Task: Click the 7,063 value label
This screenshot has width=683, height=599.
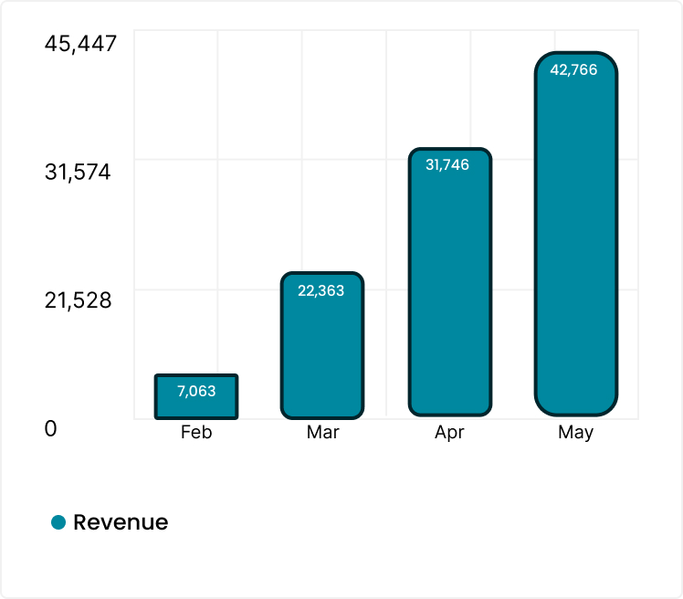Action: (196, 391)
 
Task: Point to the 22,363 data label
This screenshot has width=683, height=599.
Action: (321, 290)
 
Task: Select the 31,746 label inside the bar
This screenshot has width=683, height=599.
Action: (447, 165)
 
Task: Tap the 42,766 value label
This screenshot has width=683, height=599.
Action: (574, 69)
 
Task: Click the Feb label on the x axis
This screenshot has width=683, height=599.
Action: (196, 433)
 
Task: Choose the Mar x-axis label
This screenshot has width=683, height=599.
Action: (322, 433)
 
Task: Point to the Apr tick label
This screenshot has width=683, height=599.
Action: (449, 433)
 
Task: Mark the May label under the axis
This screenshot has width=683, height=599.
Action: (575, 433)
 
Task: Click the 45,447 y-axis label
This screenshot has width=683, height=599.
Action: (80, 43)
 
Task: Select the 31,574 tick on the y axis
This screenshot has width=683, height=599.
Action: (78, 172)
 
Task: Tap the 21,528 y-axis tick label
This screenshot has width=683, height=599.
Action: (78, 299)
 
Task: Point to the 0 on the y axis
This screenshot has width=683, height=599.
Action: (51, 428)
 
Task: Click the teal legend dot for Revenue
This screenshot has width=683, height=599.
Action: (58, 522)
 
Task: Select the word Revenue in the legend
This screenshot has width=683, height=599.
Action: (121, 522)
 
